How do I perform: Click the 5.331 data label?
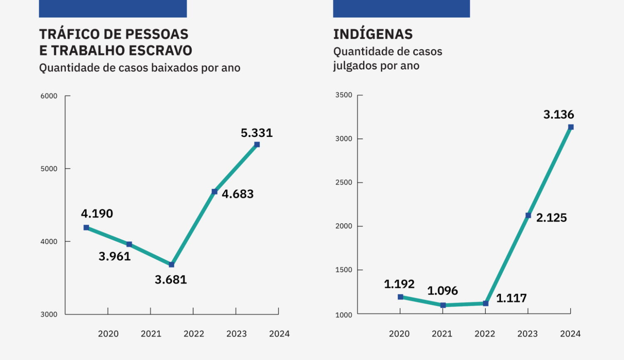tap(257, 133)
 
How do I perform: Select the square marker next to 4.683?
tap(214, 192)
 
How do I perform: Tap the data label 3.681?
tap(171, 280)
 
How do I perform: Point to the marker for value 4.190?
tap(87, 227)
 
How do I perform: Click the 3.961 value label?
tap(114, 256)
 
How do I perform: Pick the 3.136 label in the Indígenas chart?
tap(558, 115)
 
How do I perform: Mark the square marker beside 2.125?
tap(528, 215)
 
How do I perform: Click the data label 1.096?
tap(442, 291)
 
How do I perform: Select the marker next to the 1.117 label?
tap(485, 303)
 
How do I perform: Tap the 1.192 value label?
tap(399, 284)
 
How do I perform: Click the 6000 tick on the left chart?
tap(49, 96)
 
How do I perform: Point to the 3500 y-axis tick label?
tap(344, 95)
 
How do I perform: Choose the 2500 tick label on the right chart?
tap(344, 182)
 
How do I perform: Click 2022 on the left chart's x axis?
tap(194, 334)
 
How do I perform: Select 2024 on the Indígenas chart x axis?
tap(570, 334)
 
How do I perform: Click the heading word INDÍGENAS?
tap(373, 34)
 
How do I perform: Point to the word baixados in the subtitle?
tap(175, 68)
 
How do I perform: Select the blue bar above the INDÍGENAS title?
tap(401, 8)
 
